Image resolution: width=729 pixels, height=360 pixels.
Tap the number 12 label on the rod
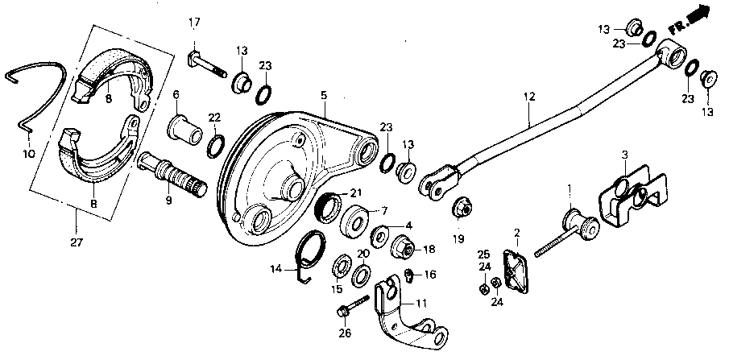click(x=528, y=97)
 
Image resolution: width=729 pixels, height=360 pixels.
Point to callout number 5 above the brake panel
click(x=322, y=95)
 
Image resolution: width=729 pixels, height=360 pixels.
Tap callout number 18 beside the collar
click(x=429, y=250)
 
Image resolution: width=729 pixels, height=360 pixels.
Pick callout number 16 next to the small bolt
click(x=429, y=275)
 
